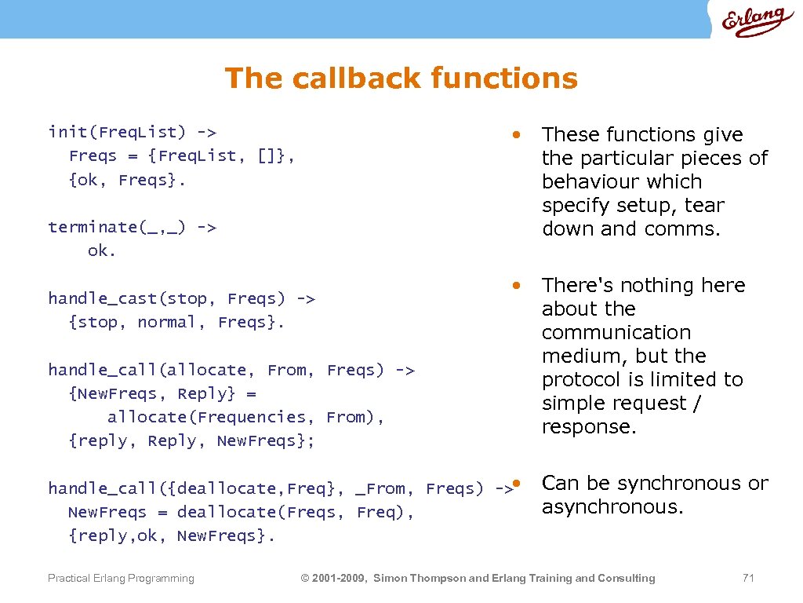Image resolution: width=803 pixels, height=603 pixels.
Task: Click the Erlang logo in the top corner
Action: pos(756,22)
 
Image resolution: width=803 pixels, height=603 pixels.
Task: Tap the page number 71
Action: pos(747,578)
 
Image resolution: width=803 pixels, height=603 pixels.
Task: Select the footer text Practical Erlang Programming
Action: pos(121,579)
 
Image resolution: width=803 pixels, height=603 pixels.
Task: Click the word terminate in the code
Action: pos(92,227)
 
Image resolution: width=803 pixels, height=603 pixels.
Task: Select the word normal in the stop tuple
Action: pos(166,322)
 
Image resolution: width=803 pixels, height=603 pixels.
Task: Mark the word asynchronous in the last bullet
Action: pos(612,507)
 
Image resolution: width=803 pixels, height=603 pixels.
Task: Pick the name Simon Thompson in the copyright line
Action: pos(419,579)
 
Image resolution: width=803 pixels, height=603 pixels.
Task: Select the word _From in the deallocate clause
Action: pos(380,488)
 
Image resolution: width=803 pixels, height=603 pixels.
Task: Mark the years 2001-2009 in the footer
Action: pos(340,579)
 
